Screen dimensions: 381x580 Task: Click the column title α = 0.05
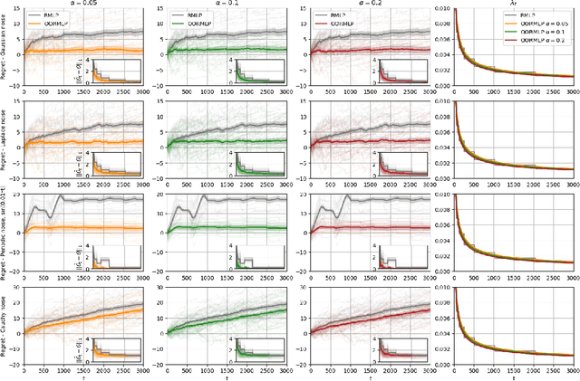coord(82,4)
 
